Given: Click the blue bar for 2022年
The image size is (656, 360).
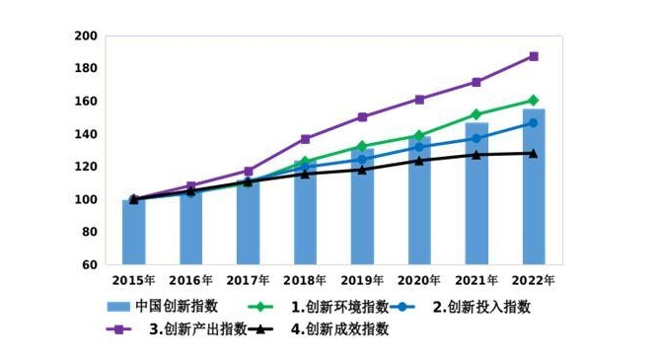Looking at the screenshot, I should [x=533, y=187].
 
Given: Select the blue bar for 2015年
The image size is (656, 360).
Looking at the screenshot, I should [x=133, y=233].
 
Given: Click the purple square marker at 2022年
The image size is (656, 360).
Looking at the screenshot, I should [x=533, y=56].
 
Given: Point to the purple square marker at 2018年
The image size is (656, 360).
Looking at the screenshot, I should [x=305, y=139].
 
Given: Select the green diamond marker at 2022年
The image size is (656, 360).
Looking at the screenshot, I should [x=533, y=101].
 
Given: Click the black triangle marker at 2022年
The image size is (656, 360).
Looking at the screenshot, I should [x=533, y=153].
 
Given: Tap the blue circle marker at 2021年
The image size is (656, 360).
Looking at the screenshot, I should [x=476, y=138].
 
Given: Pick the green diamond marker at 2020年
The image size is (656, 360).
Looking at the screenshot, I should [x=419, y=135].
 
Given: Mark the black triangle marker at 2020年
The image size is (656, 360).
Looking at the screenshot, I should [x=419, y=160].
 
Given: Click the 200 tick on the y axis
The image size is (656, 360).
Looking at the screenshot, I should [x=86, y=36].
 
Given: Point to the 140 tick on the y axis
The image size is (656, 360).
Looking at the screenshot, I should [x=86, y=134].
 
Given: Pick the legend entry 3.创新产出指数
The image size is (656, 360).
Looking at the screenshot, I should [x=197, y=329].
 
